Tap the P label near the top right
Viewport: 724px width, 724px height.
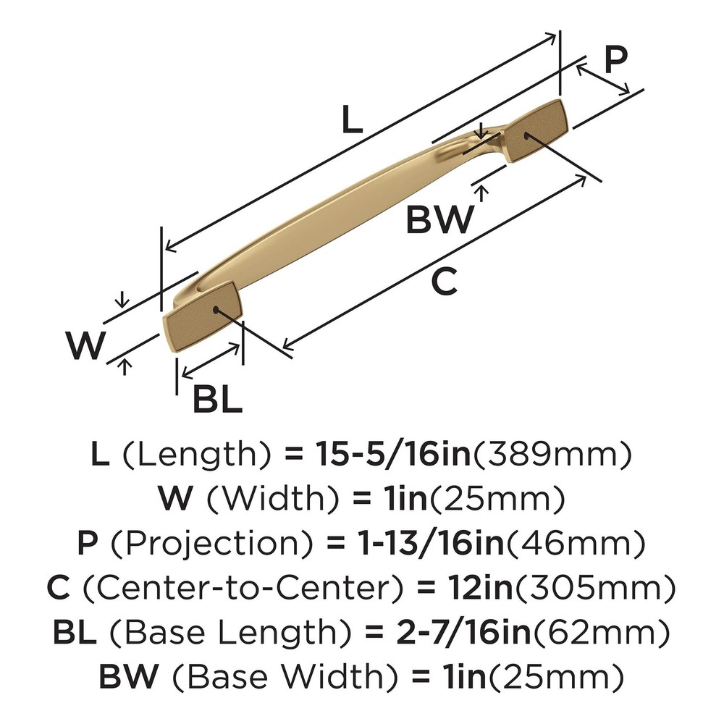pos(615,61)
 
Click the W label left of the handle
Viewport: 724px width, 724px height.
pos(86,346)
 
